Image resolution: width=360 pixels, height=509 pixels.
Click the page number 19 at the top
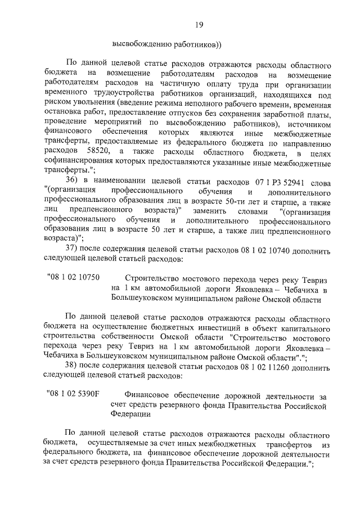point(199,24)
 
